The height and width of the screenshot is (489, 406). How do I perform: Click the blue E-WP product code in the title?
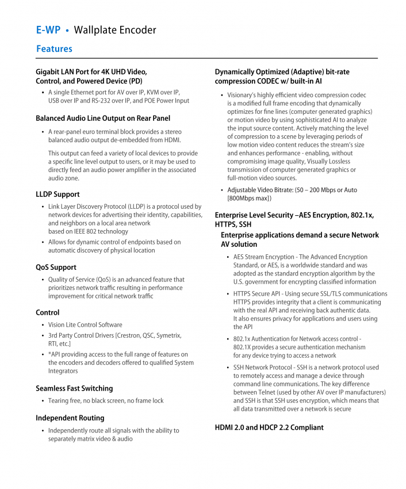point(48,30)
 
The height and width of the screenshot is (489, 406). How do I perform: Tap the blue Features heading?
point(54,49)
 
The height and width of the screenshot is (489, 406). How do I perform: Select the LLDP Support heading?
point(58,194)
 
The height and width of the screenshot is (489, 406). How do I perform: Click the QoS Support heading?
point(56,268)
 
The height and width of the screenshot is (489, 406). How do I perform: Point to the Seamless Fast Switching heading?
point(74,388)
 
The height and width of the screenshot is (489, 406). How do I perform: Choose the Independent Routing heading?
point(70,418)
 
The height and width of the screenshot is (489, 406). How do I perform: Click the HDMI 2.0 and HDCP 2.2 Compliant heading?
point(269,427)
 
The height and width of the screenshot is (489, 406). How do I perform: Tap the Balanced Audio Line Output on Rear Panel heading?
point(103,119)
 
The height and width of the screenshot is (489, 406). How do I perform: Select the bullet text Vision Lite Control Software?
point(85,325)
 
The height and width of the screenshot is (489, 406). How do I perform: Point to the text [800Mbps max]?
point(250,198)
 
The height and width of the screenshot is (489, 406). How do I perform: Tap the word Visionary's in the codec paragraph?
point(244,95)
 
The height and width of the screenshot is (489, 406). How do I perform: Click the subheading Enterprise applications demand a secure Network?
point(300,235)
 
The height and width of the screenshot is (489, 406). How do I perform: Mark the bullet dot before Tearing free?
point(43,401)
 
